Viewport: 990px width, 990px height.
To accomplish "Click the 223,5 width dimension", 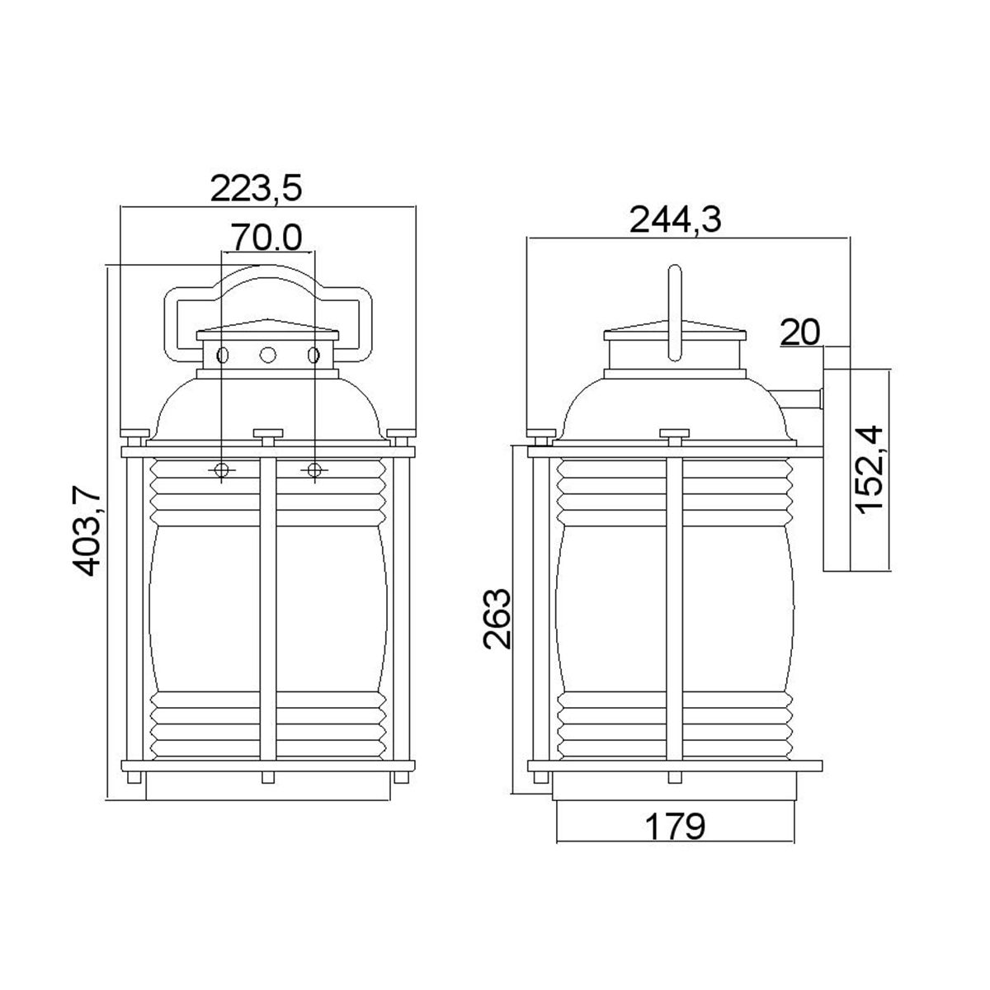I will pyautogui.click(x=257, y=189).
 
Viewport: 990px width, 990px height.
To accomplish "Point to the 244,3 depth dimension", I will pyautogui.click(x=675, y=220).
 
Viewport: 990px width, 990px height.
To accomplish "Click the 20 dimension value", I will pyautogui.click(x=799, y=332).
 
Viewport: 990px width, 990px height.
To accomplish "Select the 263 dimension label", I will pyautogui.click(x=498, y=619).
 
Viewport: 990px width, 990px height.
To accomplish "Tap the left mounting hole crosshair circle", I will pyautogui.click(x=222, y=470).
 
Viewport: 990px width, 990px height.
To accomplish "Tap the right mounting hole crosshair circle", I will pyautogui.click(x=313, y=470).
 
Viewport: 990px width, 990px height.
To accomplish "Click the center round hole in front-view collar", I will pyautogui.click(x=267, y=355).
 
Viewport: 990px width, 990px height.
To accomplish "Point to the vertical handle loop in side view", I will pyautogui.click(x=675, y=312).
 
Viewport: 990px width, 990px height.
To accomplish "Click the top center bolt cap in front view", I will pyautogui.click(x=267, y=432).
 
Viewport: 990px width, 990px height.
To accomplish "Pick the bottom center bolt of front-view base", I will pyautogui.click(x=267, y=777).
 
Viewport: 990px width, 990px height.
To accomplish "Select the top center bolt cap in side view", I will pyautogui.click(x=674, y=432).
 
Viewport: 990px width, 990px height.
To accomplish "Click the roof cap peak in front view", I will pyautogui.click(x=267, y=323).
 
